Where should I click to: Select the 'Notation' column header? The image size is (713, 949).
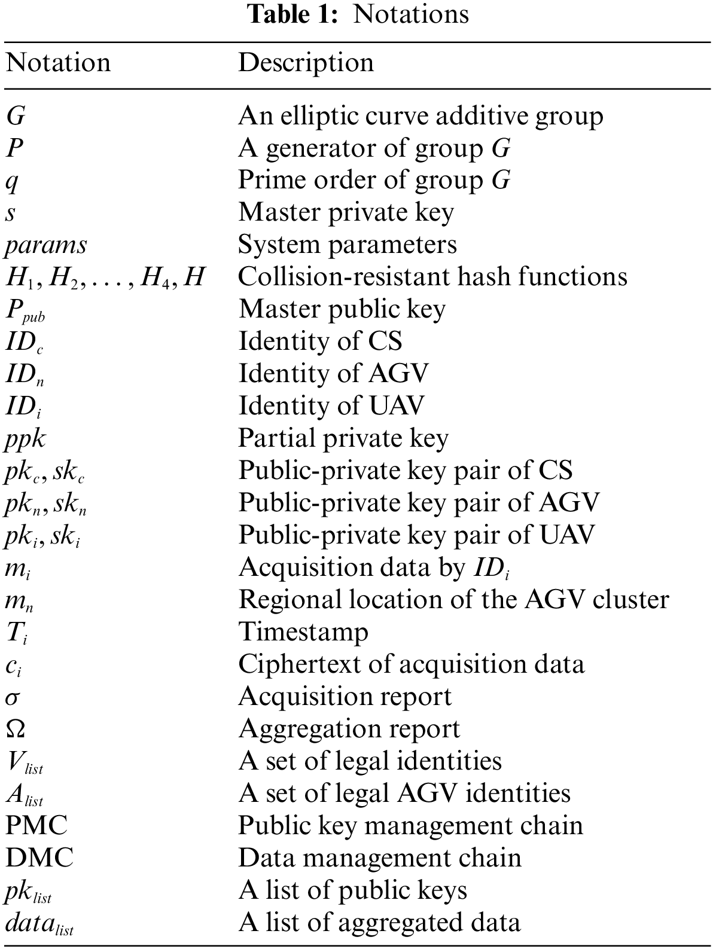(58, 63)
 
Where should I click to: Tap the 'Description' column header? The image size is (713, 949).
(306, 63)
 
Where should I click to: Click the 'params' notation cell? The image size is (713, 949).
(46, 245)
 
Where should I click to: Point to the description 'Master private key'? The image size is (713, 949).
(346, 212)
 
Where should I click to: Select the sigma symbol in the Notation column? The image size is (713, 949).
(14, 697)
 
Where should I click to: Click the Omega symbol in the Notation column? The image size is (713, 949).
(16, 729)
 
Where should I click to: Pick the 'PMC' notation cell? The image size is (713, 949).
(36, 826)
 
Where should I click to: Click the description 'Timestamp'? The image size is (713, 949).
(303, 632)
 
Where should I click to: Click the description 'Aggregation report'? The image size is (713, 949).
(349, 729)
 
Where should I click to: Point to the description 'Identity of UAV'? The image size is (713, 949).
(331, 406)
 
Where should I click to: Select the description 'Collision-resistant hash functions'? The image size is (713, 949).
(432, 277)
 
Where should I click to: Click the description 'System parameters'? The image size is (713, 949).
(347, 245)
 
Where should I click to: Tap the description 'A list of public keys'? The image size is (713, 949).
(352, 890)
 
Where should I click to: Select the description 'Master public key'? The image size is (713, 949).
(342, 309)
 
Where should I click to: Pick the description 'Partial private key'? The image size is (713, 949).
(343, 438)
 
